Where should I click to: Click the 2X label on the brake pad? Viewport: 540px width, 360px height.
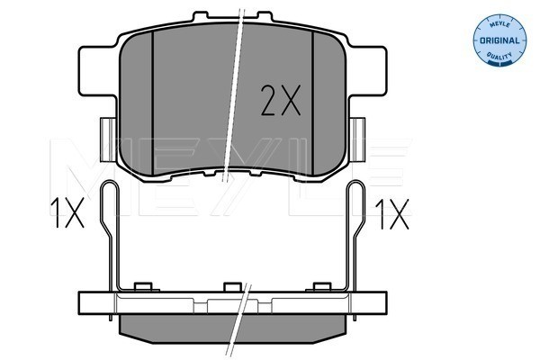click(281, 100)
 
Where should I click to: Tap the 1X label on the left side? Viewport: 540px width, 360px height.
click(67, 212)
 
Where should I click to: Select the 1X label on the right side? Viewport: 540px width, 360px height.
click(392, 214)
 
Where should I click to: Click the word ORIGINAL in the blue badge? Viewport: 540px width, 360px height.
click(499, 40)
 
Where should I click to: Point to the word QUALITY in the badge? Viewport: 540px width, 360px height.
click(499, 56)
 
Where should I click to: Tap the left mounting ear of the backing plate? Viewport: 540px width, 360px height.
click(97, 71)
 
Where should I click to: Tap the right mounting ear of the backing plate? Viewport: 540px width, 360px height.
click(368, 71)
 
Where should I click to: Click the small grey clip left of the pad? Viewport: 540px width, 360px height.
click(108, 139)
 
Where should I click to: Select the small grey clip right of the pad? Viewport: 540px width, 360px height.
click(357, 139)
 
